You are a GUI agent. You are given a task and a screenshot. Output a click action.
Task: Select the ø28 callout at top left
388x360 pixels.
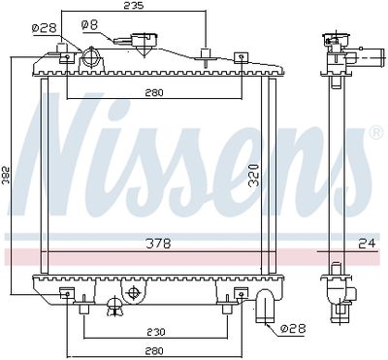pos(45,28)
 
